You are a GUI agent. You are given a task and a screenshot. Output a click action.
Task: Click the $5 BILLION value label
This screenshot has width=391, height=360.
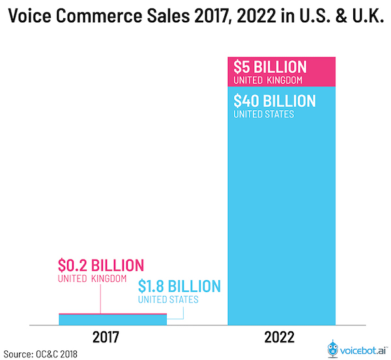pos(270,67)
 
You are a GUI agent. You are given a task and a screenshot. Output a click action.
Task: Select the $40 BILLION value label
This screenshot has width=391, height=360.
pos(274,101)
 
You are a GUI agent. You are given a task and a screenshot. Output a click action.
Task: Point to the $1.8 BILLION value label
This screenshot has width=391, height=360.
pos(179,286)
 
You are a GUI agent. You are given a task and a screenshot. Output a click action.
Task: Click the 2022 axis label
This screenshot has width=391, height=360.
pos(281,338)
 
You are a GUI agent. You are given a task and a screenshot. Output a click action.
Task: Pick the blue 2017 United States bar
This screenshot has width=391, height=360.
pos(113,319)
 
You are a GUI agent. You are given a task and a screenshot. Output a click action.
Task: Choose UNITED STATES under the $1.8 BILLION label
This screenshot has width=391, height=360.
pos(167,300)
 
